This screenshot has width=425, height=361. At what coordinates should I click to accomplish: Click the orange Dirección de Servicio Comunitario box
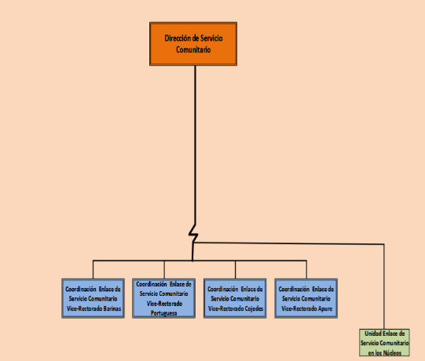[193, 44]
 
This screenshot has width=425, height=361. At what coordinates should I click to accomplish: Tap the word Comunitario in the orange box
[193, 49]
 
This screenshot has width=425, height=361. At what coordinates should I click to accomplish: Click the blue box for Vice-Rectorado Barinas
[93, 298]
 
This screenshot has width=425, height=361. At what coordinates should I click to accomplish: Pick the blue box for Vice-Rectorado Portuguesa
[163, 298]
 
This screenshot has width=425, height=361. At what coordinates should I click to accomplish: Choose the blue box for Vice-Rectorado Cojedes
[235, 298]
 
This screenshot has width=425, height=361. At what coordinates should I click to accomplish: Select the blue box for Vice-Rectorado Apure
[306, 298]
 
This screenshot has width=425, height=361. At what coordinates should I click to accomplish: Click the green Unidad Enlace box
[384, 343]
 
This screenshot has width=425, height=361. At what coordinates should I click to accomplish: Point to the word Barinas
[112, 308]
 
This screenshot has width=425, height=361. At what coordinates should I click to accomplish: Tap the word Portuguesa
[163, 313]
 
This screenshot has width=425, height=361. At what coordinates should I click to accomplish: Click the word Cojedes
[254, 308]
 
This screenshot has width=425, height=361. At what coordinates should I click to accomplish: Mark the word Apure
[325, 308]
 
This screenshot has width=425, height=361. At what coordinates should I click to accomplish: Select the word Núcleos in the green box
[392, 353]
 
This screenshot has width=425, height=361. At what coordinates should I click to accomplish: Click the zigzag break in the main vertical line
[193, 233]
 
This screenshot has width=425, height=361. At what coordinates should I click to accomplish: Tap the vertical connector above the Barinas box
[93, 269]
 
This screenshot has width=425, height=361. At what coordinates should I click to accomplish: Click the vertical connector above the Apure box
[306, 269]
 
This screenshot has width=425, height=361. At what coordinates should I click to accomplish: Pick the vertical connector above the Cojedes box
[235, 269]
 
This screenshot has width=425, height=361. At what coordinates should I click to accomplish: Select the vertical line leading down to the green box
[384, 286]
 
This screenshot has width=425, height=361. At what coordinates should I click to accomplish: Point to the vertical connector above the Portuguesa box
[164, 269]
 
